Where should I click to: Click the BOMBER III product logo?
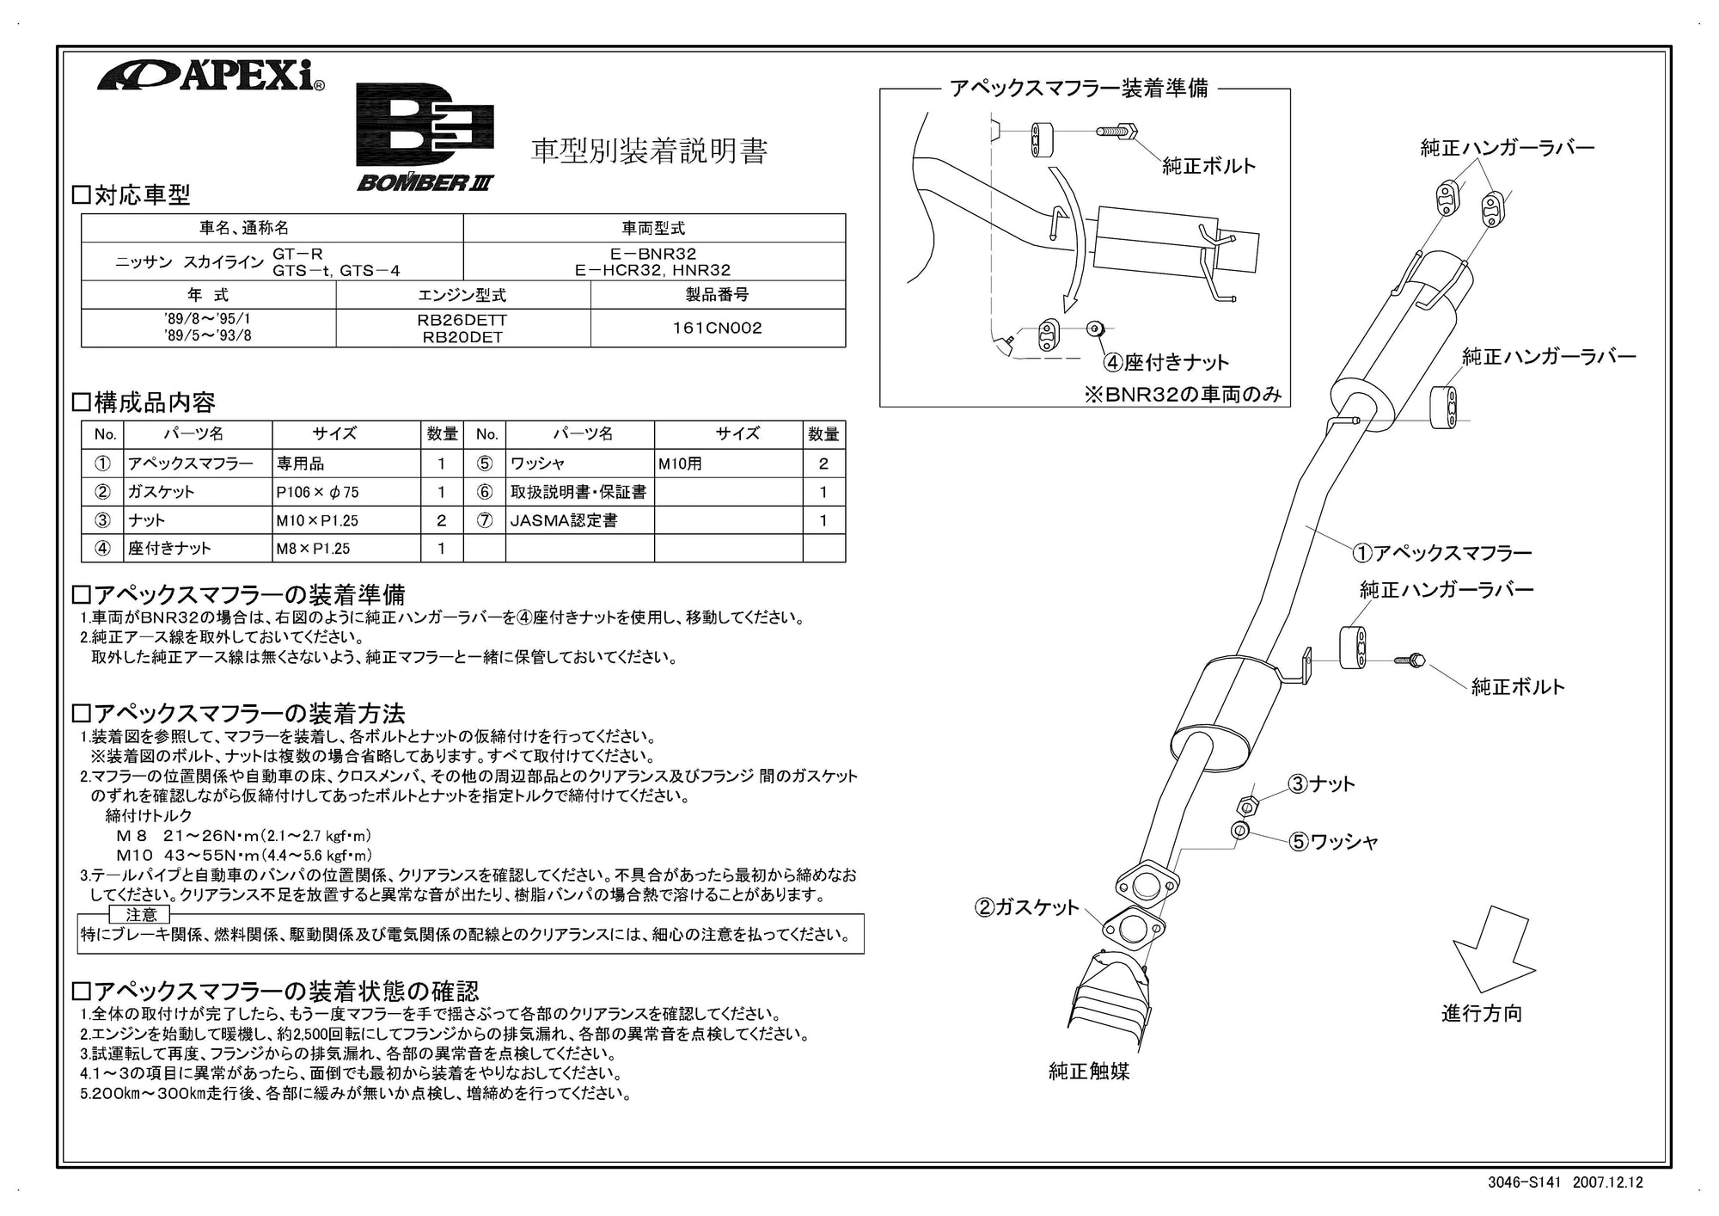[x=425, y=138]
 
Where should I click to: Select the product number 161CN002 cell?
[x=717, y=328]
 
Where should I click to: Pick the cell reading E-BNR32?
[x=653, y=254]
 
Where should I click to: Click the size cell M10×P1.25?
[x=317, y=520]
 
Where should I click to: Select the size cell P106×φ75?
[x=317, y=492]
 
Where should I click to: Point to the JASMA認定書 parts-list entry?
[x=564, y=520]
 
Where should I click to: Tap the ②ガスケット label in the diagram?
[x=1026, y=907]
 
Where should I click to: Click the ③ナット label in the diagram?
[x=1321, y=783]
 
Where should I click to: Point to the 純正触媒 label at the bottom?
[x=1089, y=1071]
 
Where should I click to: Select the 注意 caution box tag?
[x=141, y=914]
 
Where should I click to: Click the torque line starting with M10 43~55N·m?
[x=244, y=855]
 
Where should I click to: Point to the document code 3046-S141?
[x=1522, y=1182]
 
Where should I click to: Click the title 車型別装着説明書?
[x=648, y=151]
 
